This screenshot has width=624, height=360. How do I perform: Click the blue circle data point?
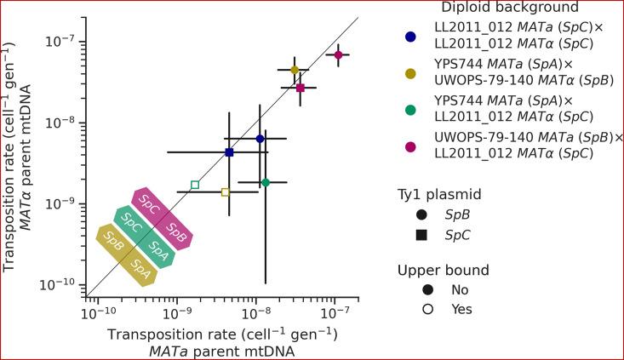[x=260, y=139]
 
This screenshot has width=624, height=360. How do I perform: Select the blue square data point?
[x=229, y=152]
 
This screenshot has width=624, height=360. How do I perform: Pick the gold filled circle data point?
[x=295, y=70]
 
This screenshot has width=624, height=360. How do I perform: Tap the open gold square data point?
[x=226, y=192]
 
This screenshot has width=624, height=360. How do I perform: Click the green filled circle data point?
[x=266, y=182]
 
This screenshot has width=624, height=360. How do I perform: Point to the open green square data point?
[x=195, y=185]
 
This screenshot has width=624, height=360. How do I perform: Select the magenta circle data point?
[x=339, y=54]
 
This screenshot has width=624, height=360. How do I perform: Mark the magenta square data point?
[x=301, y=88]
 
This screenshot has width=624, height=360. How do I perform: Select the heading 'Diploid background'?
[x=501, y=7]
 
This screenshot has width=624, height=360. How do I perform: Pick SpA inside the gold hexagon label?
[x=141, y=273]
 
